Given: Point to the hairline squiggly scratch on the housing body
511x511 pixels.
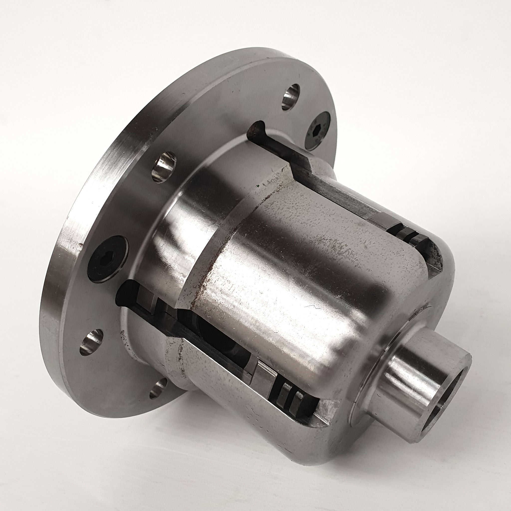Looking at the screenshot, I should click(x=312, y=307).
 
